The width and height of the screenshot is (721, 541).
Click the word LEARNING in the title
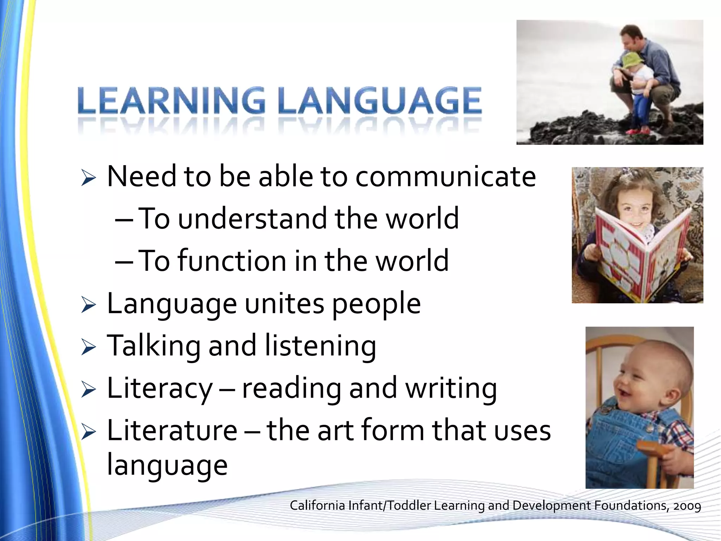click(171, 101)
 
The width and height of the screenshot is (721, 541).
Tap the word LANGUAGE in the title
click(380, 101)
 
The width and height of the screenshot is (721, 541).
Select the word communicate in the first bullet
click(446, 177)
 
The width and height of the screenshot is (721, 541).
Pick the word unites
click(284, 304)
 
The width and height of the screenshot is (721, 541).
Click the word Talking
click(153, 347)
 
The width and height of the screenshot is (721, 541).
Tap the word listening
click(320, 347)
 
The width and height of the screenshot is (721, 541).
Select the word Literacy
click(159, 389)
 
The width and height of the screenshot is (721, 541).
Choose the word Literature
click(172, 431)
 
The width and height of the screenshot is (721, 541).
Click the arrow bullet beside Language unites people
click(88, 305)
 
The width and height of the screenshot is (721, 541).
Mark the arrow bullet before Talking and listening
click(88, 347)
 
